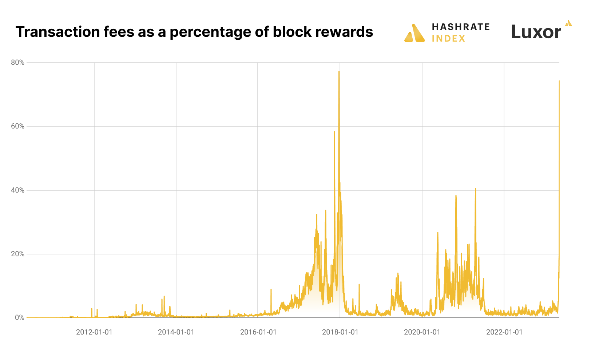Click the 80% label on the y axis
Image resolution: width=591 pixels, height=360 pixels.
click(17, 63)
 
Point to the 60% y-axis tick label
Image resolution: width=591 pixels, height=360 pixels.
click(17, 126)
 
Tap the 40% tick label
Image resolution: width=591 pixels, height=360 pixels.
click(17, 190)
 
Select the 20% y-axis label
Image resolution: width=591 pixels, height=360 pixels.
click(17, 254)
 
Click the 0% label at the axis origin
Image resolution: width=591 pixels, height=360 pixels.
click(19, 318)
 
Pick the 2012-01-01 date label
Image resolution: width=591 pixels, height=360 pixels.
click(94, 332)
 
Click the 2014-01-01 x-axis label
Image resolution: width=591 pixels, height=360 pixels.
click(176, 332)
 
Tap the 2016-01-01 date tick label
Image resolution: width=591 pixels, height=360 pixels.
click(258, 332)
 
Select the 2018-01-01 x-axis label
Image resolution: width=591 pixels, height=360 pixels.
click(340, 332)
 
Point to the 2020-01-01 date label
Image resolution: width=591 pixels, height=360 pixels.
click(422, 332)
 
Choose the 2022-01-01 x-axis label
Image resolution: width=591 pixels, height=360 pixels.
click(504, 332)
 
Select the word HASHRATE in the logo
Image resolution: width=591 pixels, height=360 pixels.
click(461, 27)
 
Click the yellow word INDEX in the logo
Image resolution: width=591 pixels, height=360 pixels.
click(448, 39)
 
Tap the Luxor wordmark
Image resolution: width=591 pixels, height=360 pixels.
click(536, 32)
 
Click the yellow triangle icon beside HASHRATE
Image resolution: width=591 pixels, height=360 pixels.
click(415, 33)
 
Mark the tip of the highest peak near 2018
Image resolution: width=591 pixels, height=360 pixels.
click(339, 72)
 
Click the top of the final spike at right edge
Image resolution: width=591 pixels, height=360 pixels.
click(559, 81)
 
